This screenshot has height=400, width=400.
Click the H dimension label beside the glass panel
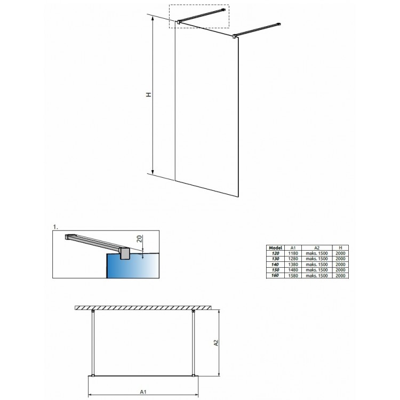pos(148,94)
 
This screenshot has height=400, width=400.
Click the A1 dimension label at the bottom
pos(143,391)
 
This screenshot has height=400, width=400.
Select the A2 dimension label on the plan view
pos(216,342)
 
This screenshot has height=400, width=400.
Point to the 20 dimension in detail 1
pos(139,239)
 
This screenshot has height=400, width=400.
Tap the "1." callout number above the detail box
pos(55,227)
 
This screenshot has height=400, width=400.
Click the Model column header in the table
pos(276,247)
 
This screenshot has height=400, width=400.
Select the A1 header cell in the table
pos(293,247)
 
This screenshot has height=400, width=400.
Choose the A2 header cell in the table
pos(317,247)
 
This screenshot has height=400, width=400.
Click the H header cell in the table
pos(340,247)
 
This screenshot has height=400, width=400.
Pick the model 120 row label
pos(276,253)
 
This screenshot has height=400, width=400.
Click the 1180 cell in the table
pos(293,253)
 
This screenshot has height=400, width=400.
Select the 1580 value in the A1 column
pos(293,276)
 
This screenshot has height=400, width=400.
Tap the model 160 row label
pos(275,275)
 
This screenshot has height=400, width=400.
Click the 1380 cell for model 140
pos(293,265)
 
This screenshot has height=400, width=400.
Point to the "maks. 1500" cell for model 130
pos(317,259)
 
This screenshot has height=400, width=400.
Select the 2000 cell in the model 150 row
pos(340,270)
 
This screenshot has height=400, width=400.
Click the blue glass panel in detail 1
pos(132,266)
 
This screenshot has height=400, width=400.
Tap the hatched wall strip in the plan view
pos(143,308)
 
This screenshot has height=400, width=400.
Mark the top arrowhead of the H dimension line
pos(153,18)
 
